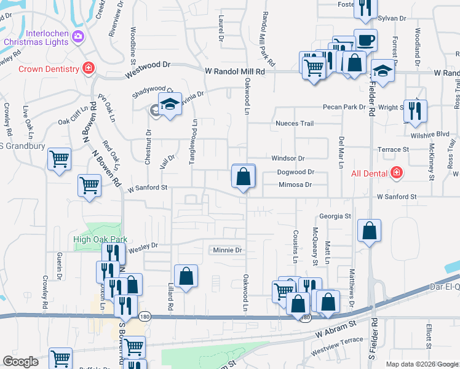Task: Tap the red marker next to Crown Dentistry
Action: coord(89,68)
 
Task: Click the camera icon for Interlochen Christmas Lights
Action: coord(77,36)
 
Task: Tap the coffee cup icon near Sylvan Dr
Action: coord(365,40)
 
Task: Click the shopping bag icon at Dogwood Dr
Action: coord(244,177)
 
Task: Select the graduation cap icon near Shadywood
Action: coord(170,105)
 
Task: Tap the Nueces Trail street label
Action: coord(294,124)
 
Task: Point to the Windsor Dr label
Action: coord(288,159)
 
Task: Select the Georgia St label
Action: coord(335,216)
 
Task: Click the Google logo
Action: coord(20,362)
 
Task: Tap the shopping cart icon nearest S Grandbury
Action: coord(59,159)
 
